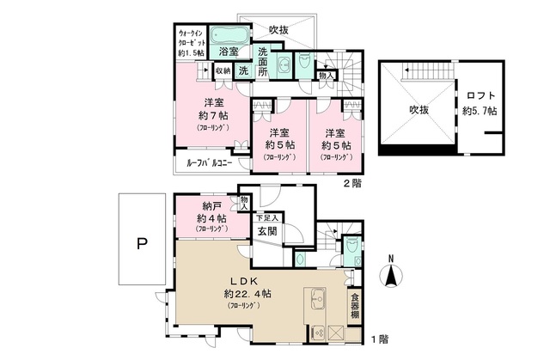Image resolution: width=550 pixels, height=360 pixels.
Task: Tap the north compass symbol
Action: [389, 272]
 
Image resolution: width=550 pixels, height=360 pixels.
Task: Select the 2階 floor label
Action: [351, 183]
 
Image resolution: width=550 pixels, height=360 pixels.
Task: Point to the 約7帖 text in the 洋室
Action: [210, 116]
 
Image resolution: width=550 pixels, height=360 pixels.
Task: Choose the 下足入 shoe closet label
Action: [266, 217]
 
